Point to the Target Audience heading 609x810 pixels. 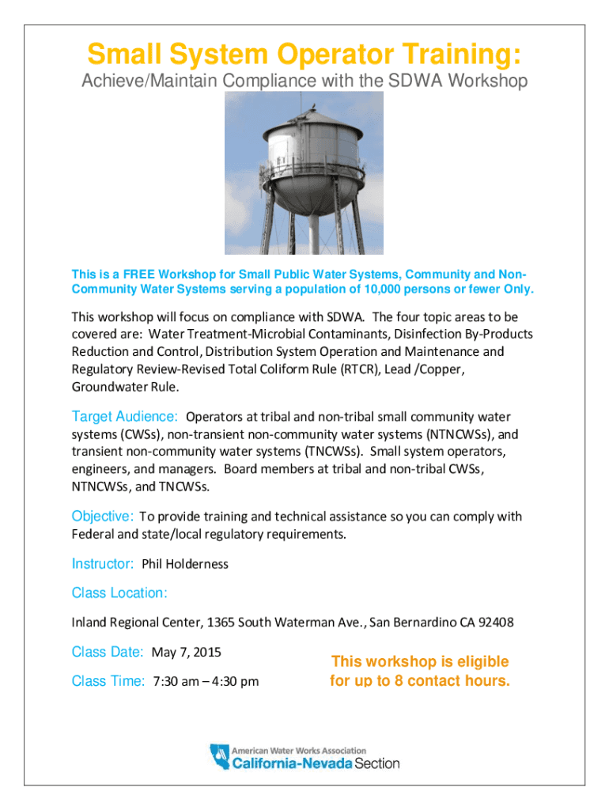[x=124, y=416]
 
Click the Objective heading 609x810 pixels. [x=102, y=516]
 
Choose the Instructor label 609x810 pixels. [x=103, y=563]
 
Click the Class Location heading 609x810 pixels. [x=119, y=592]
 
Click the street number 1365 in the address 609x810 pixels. [x=220, y=623]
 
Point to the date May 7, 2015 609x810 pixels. [x=186, y=653]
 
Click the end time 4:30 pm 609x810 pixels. [x=235, y=681]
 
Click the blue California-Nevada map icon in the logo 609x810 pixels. [x=217, y=756]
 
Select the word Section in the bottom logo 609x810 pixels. [x=376, y=763]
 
